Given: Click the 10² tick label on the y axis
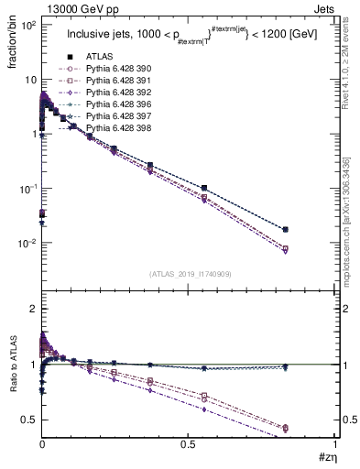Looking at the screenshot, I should coord(27,25).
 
